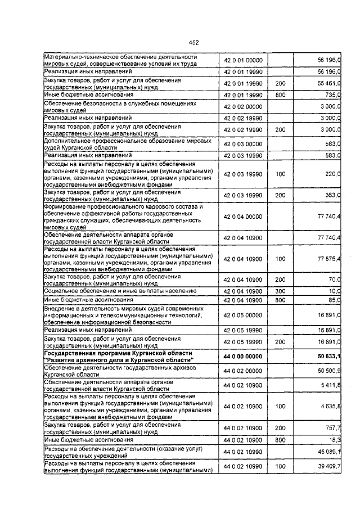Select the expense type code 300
point(280,291)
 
